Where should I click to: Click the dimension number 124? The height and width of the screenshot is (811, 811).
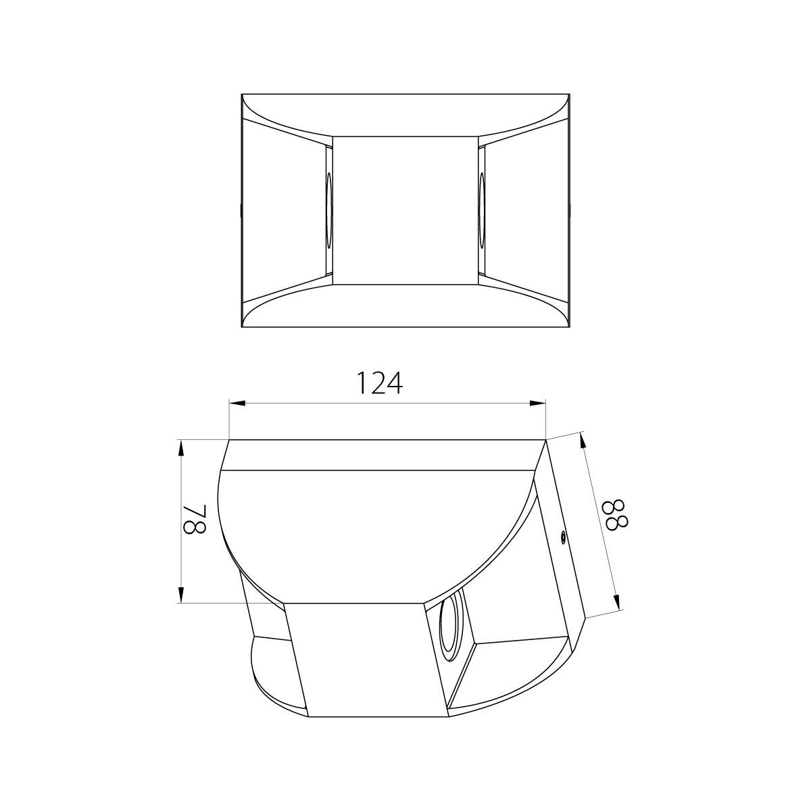click(380, 383)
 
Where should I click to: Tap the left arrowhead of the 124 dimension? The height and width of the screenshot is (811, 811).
click(237, 403)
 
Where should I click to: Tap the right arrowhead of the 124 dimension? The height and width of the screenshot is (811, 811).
click(537, 403)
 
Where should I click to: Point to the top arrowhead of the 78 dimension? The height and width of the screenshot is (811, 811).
click(181, 448)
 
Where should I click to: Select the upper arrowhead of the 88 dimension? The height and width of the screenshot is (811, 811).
click(583, 440)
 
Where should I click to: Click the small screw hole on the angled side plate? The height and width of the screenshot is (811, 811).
click(563, 535)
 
